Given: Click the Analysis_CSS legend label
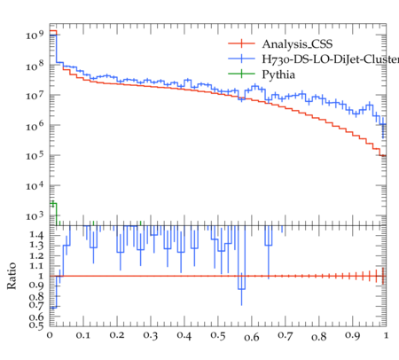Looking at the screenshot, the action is coord(297,44).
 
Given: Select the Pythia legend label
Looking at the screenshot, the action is coord(278,74).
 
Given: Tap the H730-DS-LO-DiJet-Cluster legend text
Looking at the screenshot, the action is coord(331,59).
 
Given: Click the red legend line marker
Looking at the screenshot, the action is coord(241,43).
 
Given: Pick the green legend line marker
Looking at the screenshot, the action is coord(241,74).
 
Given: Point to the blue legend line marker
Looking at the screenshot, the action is coord(241,59).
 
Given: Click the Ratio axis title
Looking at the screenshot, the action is coord(12,276).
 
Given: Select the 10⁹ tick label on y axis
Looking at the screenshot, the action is coord(35,35).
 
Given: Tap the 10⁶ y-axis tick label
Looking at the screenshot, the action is coord(35,126).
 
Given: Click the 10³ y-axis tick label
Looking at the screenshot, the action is coord(35,216).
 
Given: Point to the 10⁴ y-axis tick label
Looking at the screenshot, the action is coord(35,186).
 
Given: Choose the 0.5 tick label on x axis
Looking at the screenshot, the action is coord(218,335).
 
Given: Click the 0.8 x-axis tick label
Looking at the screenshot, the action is coord(319,336).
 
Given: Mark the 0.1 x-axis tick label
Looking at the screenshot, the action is coord(83,335).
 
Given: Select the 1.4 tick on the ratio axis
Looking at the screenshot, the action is coord(36,235).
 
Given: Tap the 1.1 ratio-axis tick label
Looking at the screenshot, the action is coord(36,266).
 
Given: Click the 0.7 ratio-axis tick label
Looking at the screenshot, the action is coord(36,305).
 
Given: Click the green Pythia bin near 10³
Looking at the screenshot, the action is coord(53,214).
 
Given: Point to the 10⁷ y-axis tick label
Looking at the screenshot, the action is coord(35,96).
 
